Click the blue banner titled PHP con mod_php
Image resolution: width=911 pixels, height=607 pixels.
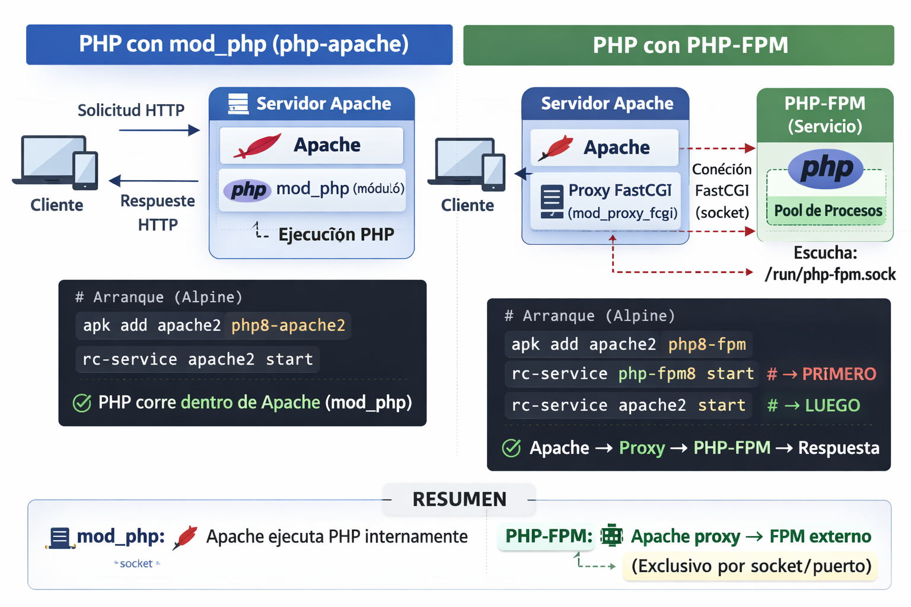(239, 44)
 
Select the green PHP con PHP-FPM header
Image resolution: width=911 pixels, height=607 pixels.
(678, 45)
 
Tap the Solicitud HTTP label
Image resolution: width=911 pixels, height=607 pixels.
(131, 110)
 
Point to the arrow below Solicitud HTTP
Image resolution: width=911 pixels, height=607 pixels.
(159, 130)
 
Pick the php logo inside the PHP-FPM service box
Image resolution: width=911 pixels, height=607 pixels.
(826, 169)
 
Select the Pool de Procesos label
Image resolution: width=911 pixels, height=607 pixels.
(827, 211)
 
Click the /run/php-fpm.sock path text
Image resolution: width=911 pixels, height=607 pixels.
(830, 274)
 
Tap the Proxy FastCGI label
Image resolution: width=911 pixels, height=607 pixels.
(620, 190)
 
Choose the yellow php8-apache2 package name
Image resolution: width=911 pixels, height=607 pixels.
(288, 325)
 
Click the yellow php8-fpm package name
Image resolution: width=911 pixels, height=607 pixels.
(706, 344)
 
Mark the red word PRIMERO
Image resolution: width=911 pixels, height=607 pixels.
(839, 374)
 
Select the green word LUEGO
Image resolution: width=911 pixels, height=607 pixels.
(832, 405)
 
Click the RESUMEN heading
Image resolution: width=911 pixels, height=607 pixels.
(459, 499)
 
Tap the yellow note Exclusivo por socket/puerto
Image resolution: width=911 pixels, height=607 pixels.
(751, 566)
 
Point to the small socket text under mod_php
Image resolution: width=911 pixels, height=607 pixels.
(136, 564)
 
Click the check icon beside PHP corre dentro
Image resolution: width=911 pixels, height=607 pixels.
(82, 403)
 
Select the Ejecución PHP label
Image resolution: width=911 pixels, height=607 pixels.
(336, 235)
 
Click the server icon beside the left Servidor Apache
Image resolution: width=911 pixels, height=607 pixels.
(238, 104)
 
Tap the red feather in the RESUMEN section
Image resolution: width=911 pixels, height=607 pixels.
(186, 537)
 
